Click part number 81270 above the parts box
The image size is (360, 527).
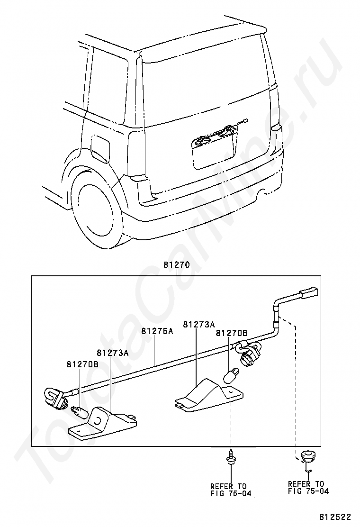176,266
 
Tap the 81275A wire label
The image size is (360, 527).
157,331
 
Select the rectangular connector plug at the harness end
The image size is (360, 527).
308,293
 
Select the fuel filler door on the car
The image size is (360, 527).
99,147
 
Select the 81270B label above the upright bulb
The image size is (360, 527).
232,333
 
